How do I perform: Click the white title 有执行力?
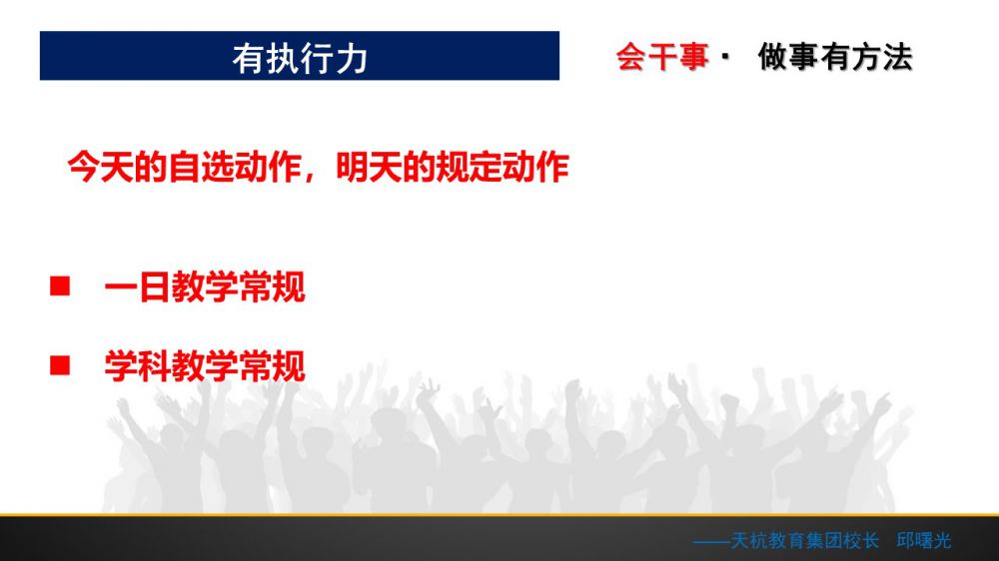[x=300, y=59]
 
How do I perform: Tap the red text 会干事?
[x=662, y=57]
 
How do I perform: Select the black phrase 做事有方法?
[x=835, y=57]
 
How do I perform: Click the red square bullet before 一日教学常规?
[x=60, y=285]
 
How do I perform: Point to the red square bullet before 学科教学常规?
[x=60, y=365]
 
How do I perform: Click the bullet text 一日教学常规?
[x=205, y=286]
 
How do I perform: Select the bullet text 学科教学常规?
[x=205, y=366]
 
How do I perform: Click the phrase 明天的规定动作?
[x=453, y=167]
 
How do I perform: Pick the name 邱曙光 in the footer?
[x=924, y=541]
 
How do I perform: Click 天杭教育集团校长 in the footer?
[x=804, y=541]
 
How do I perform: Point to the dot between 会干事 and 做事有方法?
[x=725, y=57]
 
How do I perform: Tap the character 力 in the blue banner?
[x=352, y=59]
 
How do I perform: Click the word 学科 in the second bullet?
[x=138, y=366]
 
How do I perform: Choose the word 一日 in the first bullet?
[x=138, y=286]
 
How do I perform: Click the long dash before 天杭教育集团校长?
[x=711, y=542]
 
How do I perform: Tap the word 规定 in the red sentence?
[x=469, y=167]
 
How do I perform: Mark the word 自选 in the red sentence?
[x=202, y=167]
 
